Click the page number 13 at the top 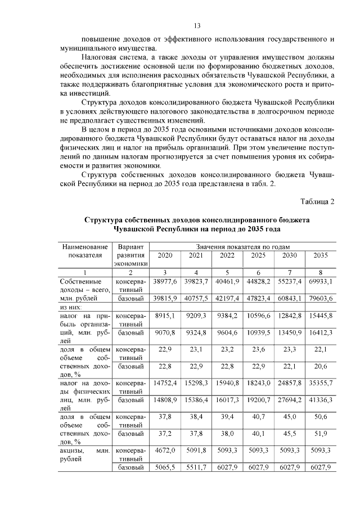tap(197, 25)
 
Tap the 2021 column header tap(196, 256)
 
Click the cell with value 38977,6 tap(165, 281)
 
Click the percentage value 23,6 tap(259, 350)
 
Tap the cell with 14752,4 tap(165, 382)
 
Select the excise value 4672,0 tap(165, 450)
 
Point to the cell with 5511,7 tap(196, 467)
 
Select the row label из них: tap(71, 307)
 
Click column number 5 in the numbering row tap(227, 272)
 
